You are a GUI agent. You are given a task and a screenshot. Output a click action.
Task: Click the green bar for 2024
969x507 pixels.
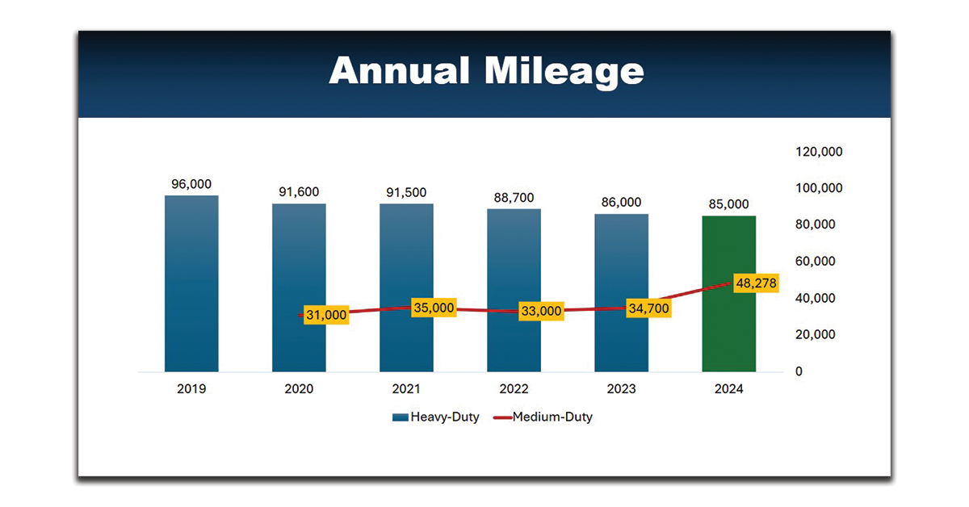pyautogui.click(x=729, y=323)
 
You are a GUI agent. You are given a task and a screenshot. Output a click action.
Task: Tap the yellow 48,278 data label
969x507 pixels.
pyautogui.click(x=757, y=284)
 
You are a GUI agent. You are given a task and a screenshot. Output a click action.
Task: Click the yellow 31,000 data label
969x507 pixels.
pyautogui.click(x=326, y=315)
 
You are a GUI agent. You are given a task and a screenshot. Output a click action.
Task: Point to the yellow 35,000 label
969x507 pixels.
pyautogui.click(x=434, y=308)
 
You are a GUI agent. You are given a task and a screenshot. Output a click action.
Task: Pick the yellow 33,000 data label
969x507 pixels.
pyautogui.click(x=541, y=311)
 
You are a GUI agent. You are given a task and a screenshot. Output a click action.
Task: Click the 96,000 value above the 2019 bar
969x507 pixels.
pyautogui.click(x=191, y=184)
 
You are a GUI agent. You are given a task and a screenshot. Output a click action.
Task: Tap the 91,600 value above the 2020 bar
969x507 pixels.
pyautogui.click(x=299, y=192)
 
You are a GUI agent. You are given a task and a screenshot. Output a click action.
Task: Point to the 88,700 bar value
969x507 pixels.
pyautogui.click(x=514, y=198)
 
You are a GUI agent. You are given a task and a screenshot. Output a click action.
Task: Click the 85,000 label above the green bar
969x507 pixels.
pyautogui.click(x=729, y=204)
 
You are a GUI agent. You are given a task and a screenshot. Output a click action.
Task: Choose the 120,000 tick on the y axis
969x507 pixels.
pyautogui.click(x=820, y=152)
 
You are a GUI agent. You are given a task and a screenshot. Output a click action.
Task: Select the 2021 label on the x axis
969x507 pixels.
pyautogui.click(x=406, y=389)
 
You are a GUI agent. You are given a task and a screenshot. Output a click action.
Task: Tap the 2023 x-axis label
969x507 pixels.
pyautogui.click(x=621, y=389)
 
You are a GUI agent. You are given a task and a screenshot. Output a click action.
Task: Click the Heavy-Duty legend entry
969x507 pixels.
pyautogui.click(x=436, y=417)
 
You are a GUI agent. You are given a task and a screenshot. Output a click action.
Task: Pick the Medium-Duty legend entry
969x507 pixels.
pyautogui.click(x=543, y=417)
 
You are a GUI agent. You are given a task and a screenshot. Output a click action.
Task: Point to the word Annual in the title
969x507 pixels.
pyautogui.click(x=400, y=71)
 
